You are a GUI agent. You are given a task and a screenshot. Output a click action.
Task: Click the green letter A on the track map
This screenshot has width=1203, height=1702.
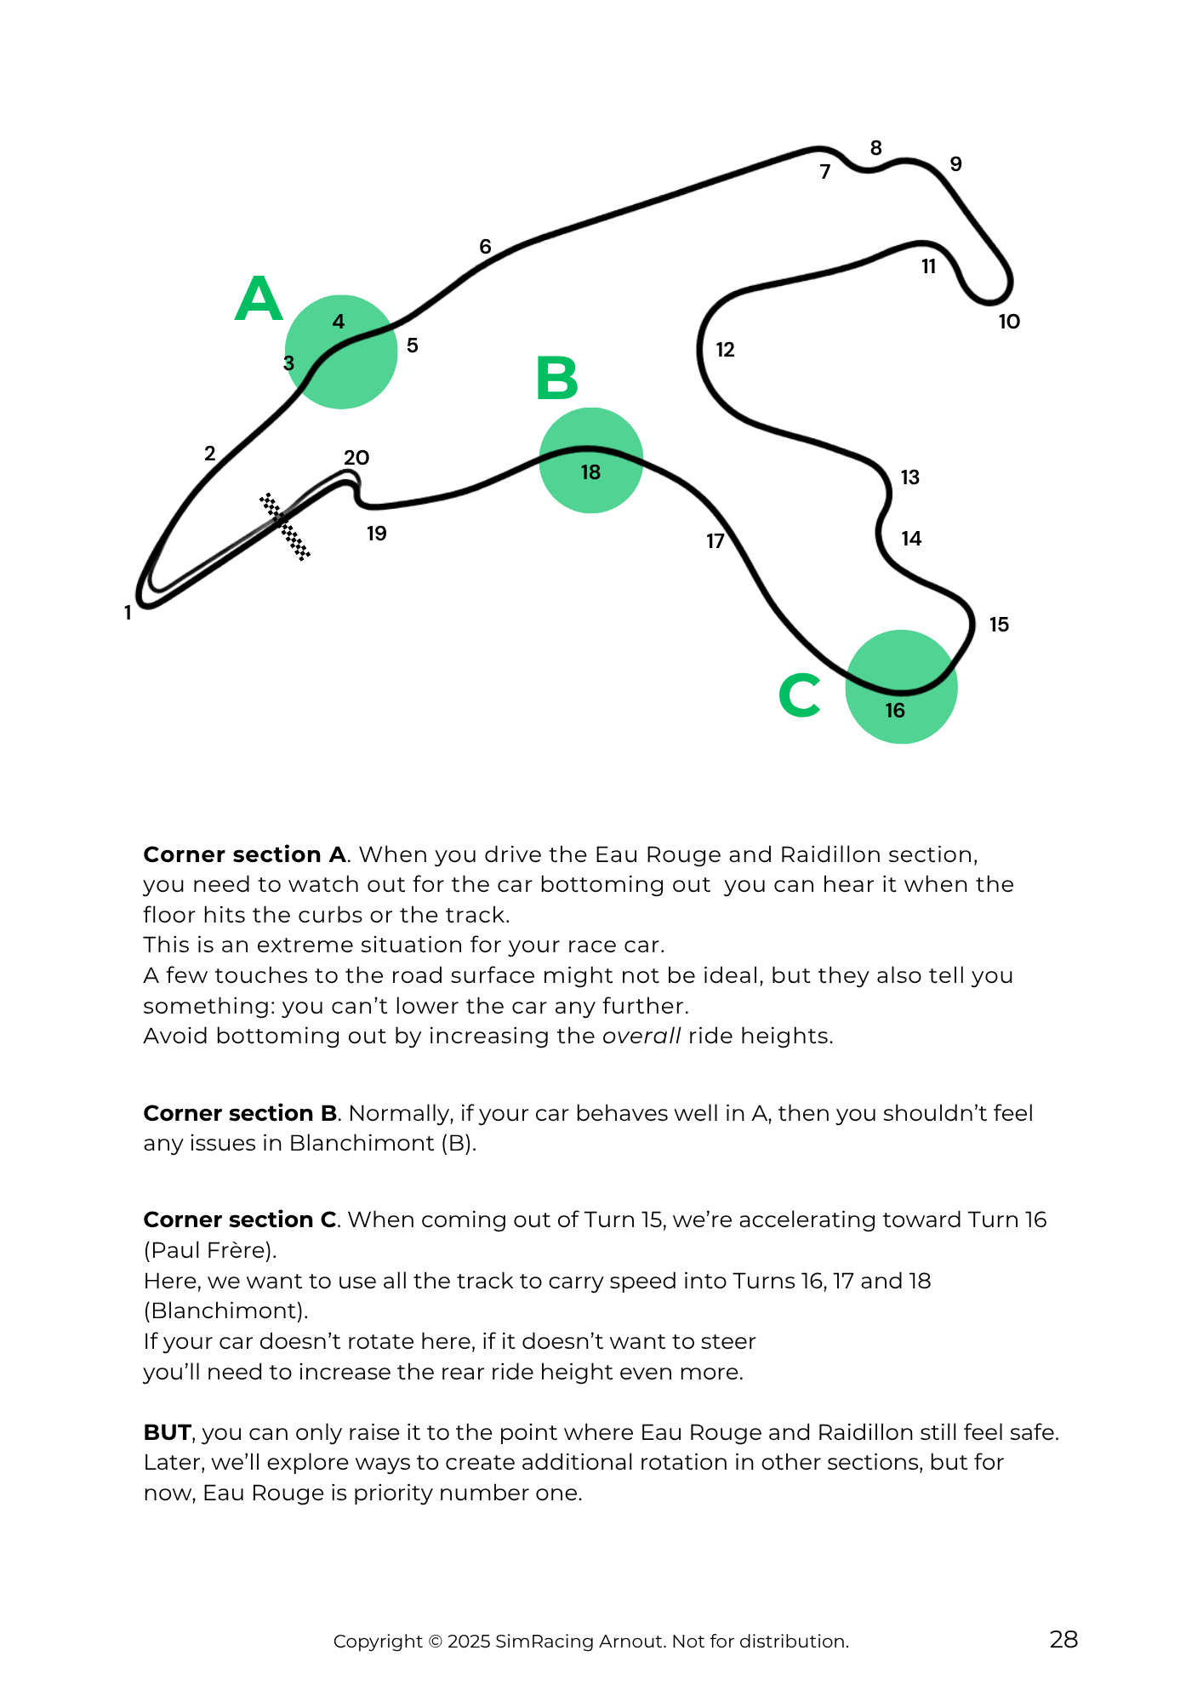tap(259, 300)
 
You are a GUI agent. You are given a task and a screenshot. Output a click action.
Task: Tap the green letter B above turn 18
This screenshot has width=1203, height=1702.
tap(557, 379)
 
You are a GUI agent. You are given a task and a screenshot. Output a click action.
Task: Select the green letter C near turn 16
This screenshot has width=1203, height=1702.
tap(800, 695)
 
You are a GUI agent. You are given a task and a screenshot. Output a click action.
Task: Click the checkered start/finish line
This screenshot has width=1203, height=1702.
tap(285, 527)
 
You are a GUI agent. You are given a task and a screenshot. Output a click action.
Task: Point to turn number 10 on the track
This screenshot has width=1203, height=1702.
tap(1009, 322)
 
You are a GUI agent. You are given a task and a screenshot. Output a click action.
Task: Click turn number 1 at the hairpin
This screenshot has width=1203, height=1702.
tap(128, 613)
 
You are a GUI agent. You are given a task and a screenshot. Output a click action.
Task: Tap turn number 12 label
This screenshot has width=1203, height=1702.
tap(725, 350)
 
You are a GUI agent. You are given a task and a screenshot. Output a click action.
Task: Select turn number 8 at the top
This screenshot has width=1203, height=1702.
tap(875, 149)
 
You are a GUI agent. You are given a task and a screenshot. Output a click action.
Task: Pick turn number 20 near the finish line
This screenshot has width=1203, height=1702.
tap(356, 458)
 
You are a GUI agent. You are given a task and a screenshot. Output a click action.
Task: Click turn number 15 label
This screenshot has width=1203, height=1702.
tap(999, 625)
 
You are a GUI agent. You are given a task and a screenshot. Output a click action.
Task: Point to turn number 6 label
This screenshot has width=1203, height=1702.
tap(485, 247)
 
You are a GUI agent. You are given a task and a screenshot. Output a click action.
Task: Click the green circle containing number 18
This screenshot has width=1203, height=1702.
tap(591, 460)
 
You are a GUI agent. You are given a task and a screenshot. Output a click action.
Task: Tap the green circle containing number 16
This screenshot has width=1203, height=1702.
tap(901, 687)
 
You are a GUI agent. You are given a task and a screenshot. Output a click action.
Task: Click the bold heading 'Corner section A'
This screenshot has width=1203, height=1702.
tap(244, 854)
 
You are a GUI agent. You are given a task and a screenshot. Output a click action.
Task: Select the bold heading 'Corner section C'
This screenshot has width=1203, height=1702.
tap(241, 1219)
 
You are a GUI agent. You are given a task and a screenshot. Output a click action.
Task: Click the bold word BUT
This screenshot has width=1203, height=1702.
tap(167, 1432)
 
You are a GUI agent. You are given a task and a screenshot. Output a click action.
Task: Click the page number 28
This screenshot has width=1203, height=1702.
tap(1063, 1640)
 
